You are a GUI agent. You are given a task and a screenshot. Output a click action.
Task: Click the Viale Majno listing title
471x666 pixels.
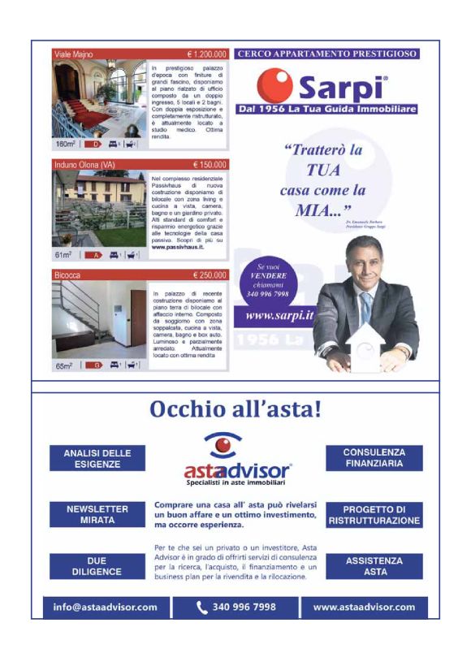tap(74, 54)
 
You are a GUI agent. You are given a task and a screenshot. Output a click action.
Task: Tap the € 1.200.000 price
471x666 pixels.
tap(206, 54)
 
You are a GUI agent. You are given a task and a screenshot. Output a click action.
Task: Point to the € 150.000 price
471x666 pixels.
tap(209, 164)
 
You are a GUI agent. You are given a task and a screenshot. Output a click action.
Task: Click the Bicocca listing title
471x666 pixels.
tap(67, 275)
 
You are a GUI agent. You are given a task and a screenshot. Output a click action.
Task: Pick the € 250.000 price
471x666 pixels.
tap(209, 275)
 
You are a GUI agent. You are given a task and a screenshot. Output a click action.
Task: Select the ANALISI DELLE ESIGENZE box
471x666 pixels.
tap(97, 458)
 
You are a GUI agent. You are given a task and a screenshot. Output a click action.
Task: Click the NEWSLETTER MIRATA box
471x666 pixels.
tap(97, 514)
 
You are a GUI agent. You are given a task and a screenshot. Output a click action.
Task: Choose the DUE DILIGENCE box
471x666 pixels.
tap(97, 566)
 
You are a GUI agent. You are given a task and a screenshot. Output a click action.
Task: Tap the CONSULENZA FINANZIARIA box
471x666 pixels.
tap(374, 458)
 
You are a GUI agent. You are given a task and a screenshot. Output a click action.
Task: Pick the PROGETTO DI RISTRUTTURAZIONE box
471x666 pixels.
tap(374, 515)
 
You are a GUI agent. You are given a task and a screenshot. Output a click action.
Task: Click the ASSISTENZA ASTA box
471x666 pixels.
tap(374, 566)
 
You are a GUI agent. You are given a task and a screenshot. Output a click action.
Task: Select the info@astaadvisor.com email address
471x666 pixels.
tap(106, 607)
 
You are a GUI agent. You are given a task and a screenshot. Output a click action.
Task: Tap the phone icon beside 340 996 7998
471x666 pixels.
tap(202, 607)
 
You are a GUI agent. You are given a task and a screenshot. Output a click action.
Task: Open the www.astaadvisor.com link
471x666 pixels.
tap(364, 607)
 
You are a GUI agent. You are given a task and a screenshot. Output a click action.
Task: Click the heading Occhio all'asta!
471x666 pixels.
tap(235, 409)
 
